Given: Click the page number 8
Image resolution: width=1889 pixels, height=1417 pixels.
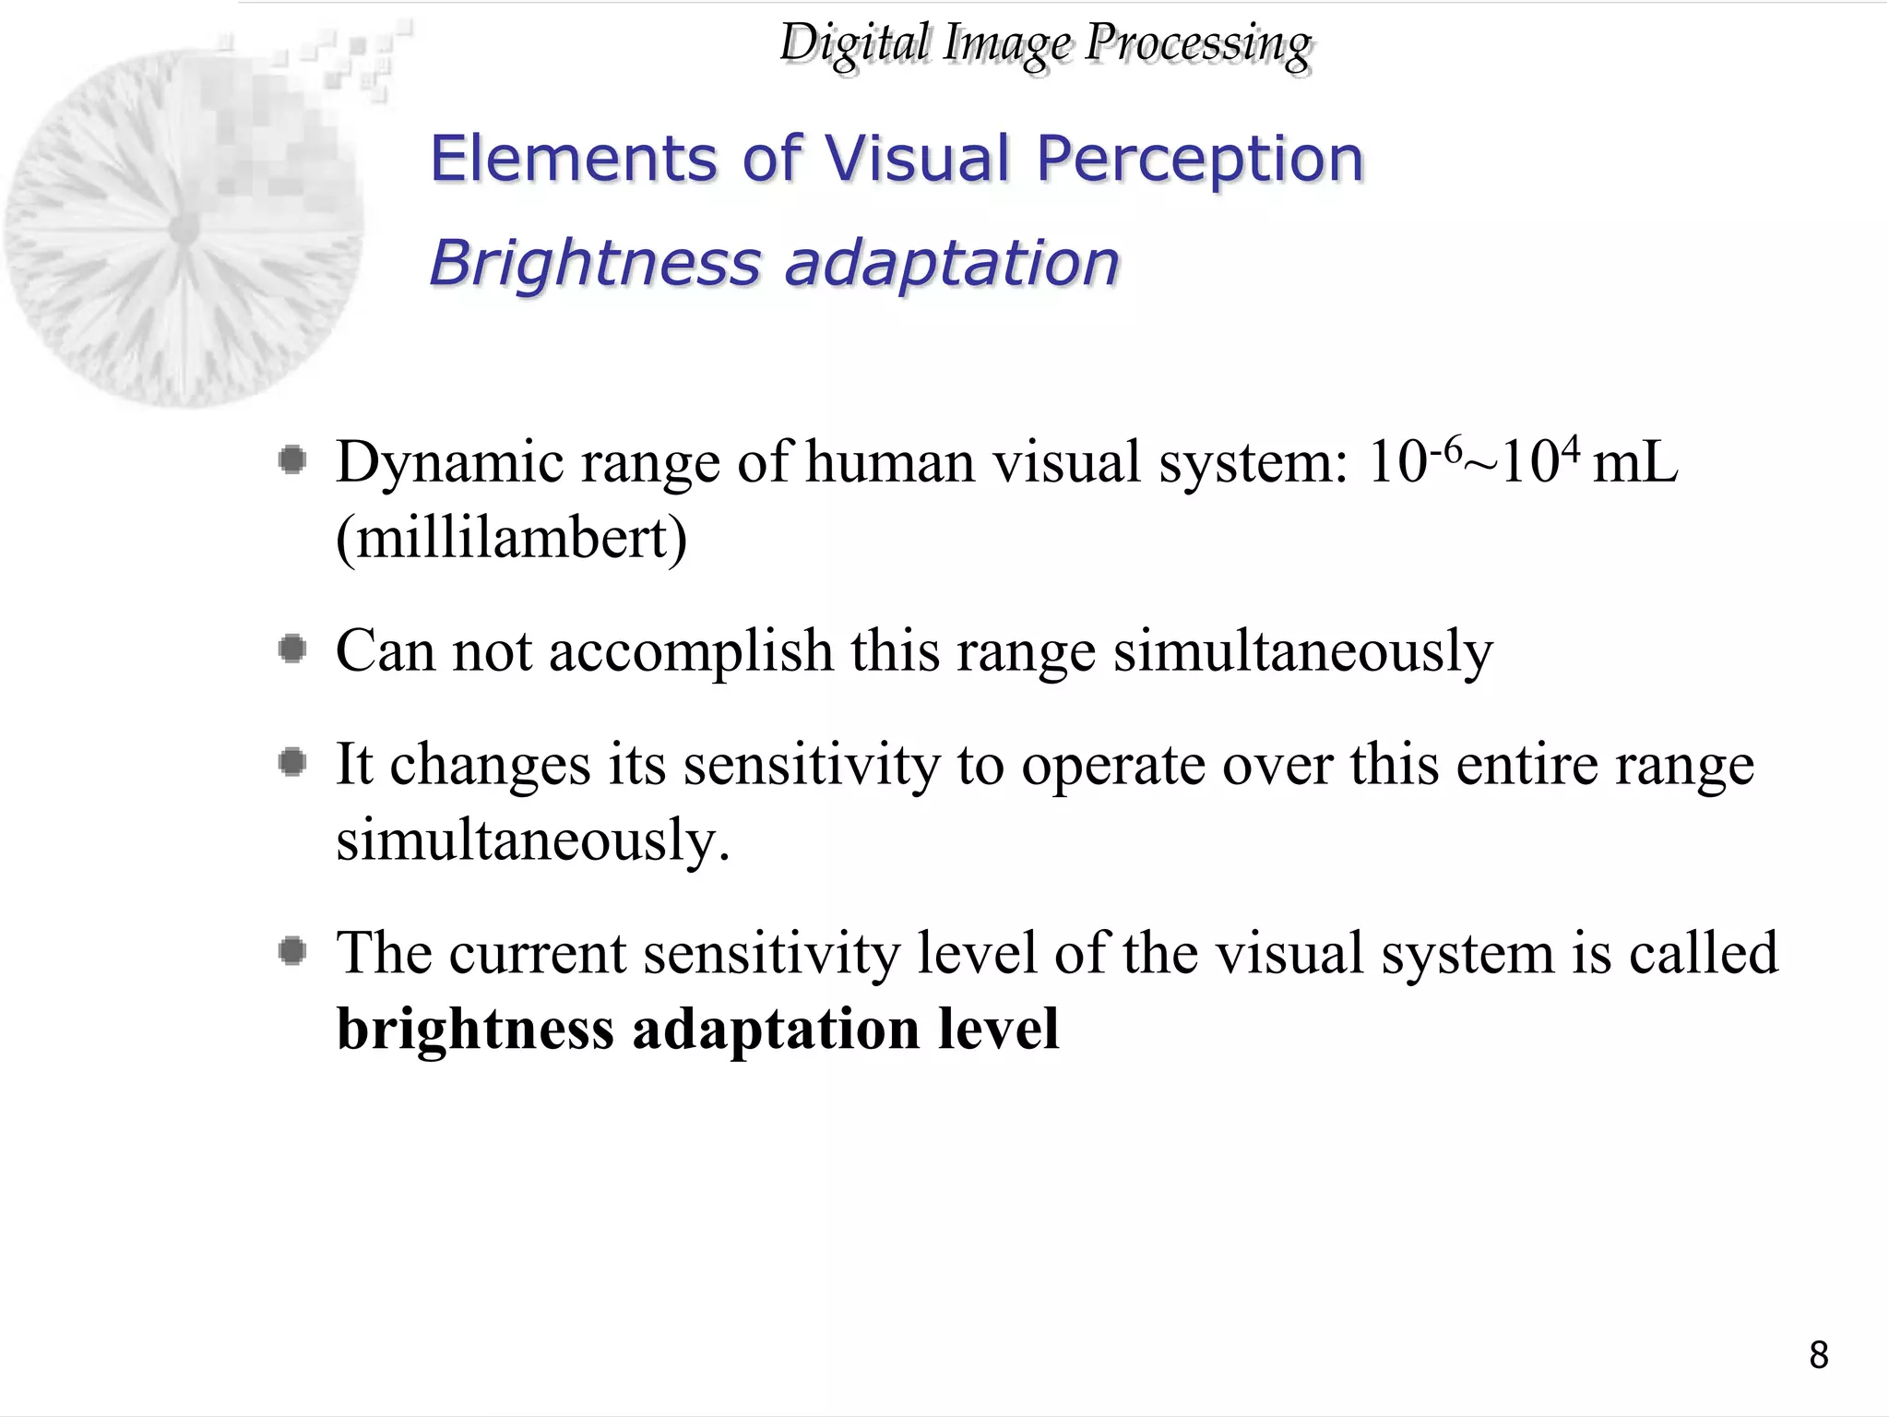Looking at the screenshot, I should coord(1818,1355).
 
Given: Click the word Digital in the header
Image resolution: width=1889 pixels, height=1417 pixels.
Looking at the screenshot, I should coord(854,43).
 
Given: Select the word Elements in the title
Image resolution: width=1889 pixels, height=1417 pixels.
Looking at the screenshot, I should coord(573,159).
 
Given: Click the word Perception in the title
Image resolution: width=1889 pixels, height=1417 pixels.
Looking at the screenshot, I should coord(1199,159).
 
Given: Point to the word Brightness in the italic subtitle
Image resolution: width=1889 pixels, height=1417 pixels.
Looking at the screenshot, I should coord(595,263).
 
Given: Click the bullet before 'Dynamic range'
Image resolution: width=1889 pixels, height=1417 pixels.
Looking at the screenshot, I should coord(292,459).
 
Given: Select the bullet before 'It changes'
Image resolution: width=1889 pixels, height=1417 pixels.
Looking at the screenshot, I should coord(292,762).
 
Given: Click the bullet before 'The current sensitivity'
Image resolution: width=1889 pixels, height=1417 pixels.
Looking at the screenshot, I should coord(292,950).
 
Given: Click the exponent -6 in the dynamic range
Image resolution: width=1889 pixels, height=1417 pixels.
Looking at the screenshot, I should coord(1444,449).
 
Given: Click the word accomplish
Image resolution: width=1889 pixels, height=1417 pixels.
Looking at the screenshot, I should coord(691,650).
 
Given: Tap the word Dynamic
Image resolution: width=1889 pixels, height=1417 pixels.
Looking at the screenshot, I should coord(449,463).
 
